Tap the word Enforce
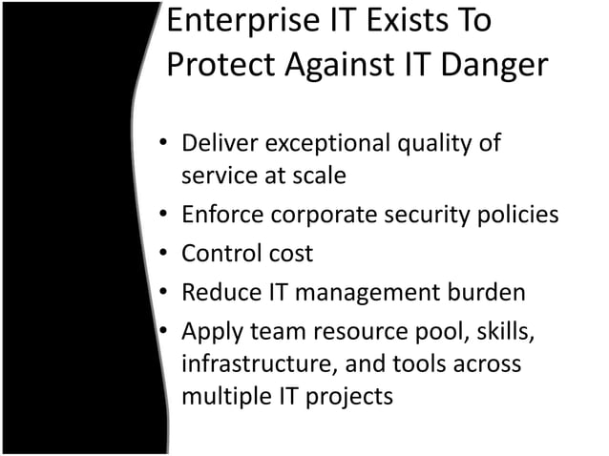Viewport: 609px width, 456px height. coord(220,216)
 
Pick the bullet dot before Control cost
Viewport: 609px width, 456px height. coord(164,255)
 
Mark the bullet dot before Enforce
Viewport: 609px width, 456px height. coord(164,217)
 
